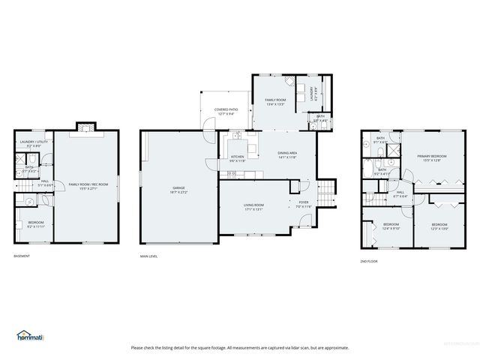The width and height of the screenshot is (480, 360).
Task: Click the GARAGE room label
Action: (179, 189)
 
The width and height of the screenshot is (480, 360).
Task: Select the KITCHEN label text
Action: (237, 159)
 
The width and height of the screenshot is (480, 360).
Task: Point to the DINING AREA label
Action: (287, 154)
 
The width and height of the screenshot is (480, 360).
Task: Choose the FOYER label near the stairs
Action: (303, 203)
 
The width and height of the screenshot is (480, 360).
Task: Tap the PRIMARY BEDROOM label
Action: (432, 157)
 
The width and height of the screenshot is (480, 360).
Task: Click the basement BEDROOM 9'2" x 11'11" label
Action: (36, 224)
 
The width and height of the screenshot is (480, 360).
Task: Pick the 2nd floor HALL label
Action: (400, 193)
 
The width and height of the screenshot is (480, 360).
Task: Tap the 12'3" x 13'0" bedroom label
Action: (439, 226)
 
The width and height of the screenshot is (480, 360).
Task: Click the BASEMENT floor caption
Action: (22, 256)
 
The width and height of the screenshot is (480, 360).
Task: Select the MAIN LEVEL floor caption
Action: (149, 256)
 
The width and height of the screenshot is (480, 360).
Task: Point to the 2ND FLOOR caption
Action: (370, 261)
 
